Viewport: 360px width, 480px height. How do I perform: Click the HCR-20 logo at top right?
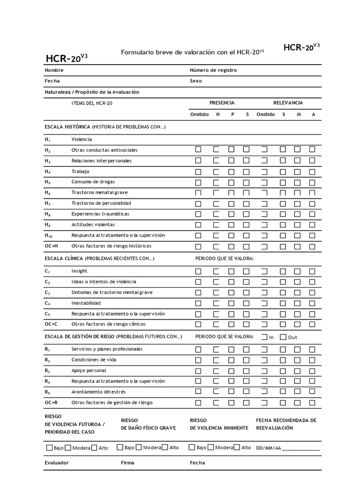coord(301,47)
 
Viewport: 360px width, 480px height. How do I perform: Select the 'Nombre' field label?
coord(54,70)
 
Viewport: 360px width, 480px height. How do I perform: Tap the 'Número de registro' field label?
coord(213,70)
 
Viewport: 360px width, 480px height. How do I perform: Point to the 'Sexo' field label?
coord(196,81)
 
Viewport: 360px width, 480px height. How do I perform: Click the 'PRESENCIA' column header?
coord(222,103)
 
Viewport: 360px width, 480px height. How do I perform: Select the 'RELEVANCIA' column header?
coord(288,103)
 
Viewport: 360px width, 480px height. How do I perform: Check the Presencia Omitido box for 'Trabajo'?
coord(198,172)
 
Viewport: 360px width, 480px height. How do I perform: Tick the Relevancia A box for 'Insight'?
coord(312,271)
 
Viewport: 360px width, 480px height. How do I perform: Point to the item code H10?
coord(49,236)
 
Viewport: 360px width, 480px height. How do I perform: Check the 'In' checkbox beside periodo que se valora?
coord(265,337)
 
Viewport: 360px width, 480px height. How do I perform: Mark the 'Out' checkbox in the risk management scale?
coord(284,337)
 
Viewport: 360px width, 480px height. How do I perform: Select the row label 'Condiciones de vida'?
coord(94,360)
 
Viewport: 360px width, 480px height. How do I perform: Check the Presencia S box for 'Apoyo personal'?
coord(246,371)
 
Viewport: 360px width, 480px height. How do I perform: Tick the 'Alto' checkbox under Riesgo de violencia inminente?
coord(237,448)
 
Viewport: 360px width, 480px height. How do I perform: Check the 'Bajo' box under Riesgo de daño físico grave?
coord(120,448)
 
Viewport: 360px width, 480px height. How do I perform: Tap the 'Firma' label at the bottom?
coord(127,463)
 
